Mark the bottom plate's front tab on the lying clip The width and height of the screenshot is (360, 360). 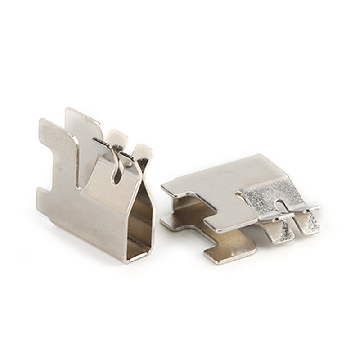click(x=229, y=254)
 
